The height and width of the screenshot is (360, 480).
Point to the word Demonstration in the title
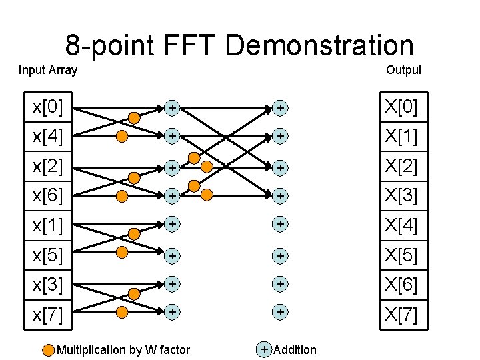pyautogui.click(x=319, y=46)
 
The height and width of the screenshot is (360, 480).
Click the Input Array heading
pyautogui.click(x=48, y=70)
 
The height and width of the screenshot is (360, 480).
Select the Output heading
pyautogui.click(x=403, y=70)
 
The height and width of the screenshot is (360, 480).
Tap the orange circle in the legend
pyautogui.click(x=48, y=349)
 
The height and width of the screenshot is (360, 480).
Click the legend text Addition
pyautogui.click(x=295, y=350)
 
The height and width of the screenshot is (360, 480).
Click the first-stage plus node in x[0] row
pyautogui.click(x=173, y=107)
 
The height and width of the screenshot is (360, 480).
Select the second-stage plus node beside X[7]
pyautogui.click(x=281, y=311)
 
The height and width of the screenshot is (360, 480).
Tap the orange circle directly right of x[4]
pyautogui.click(x=123, y=137)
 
